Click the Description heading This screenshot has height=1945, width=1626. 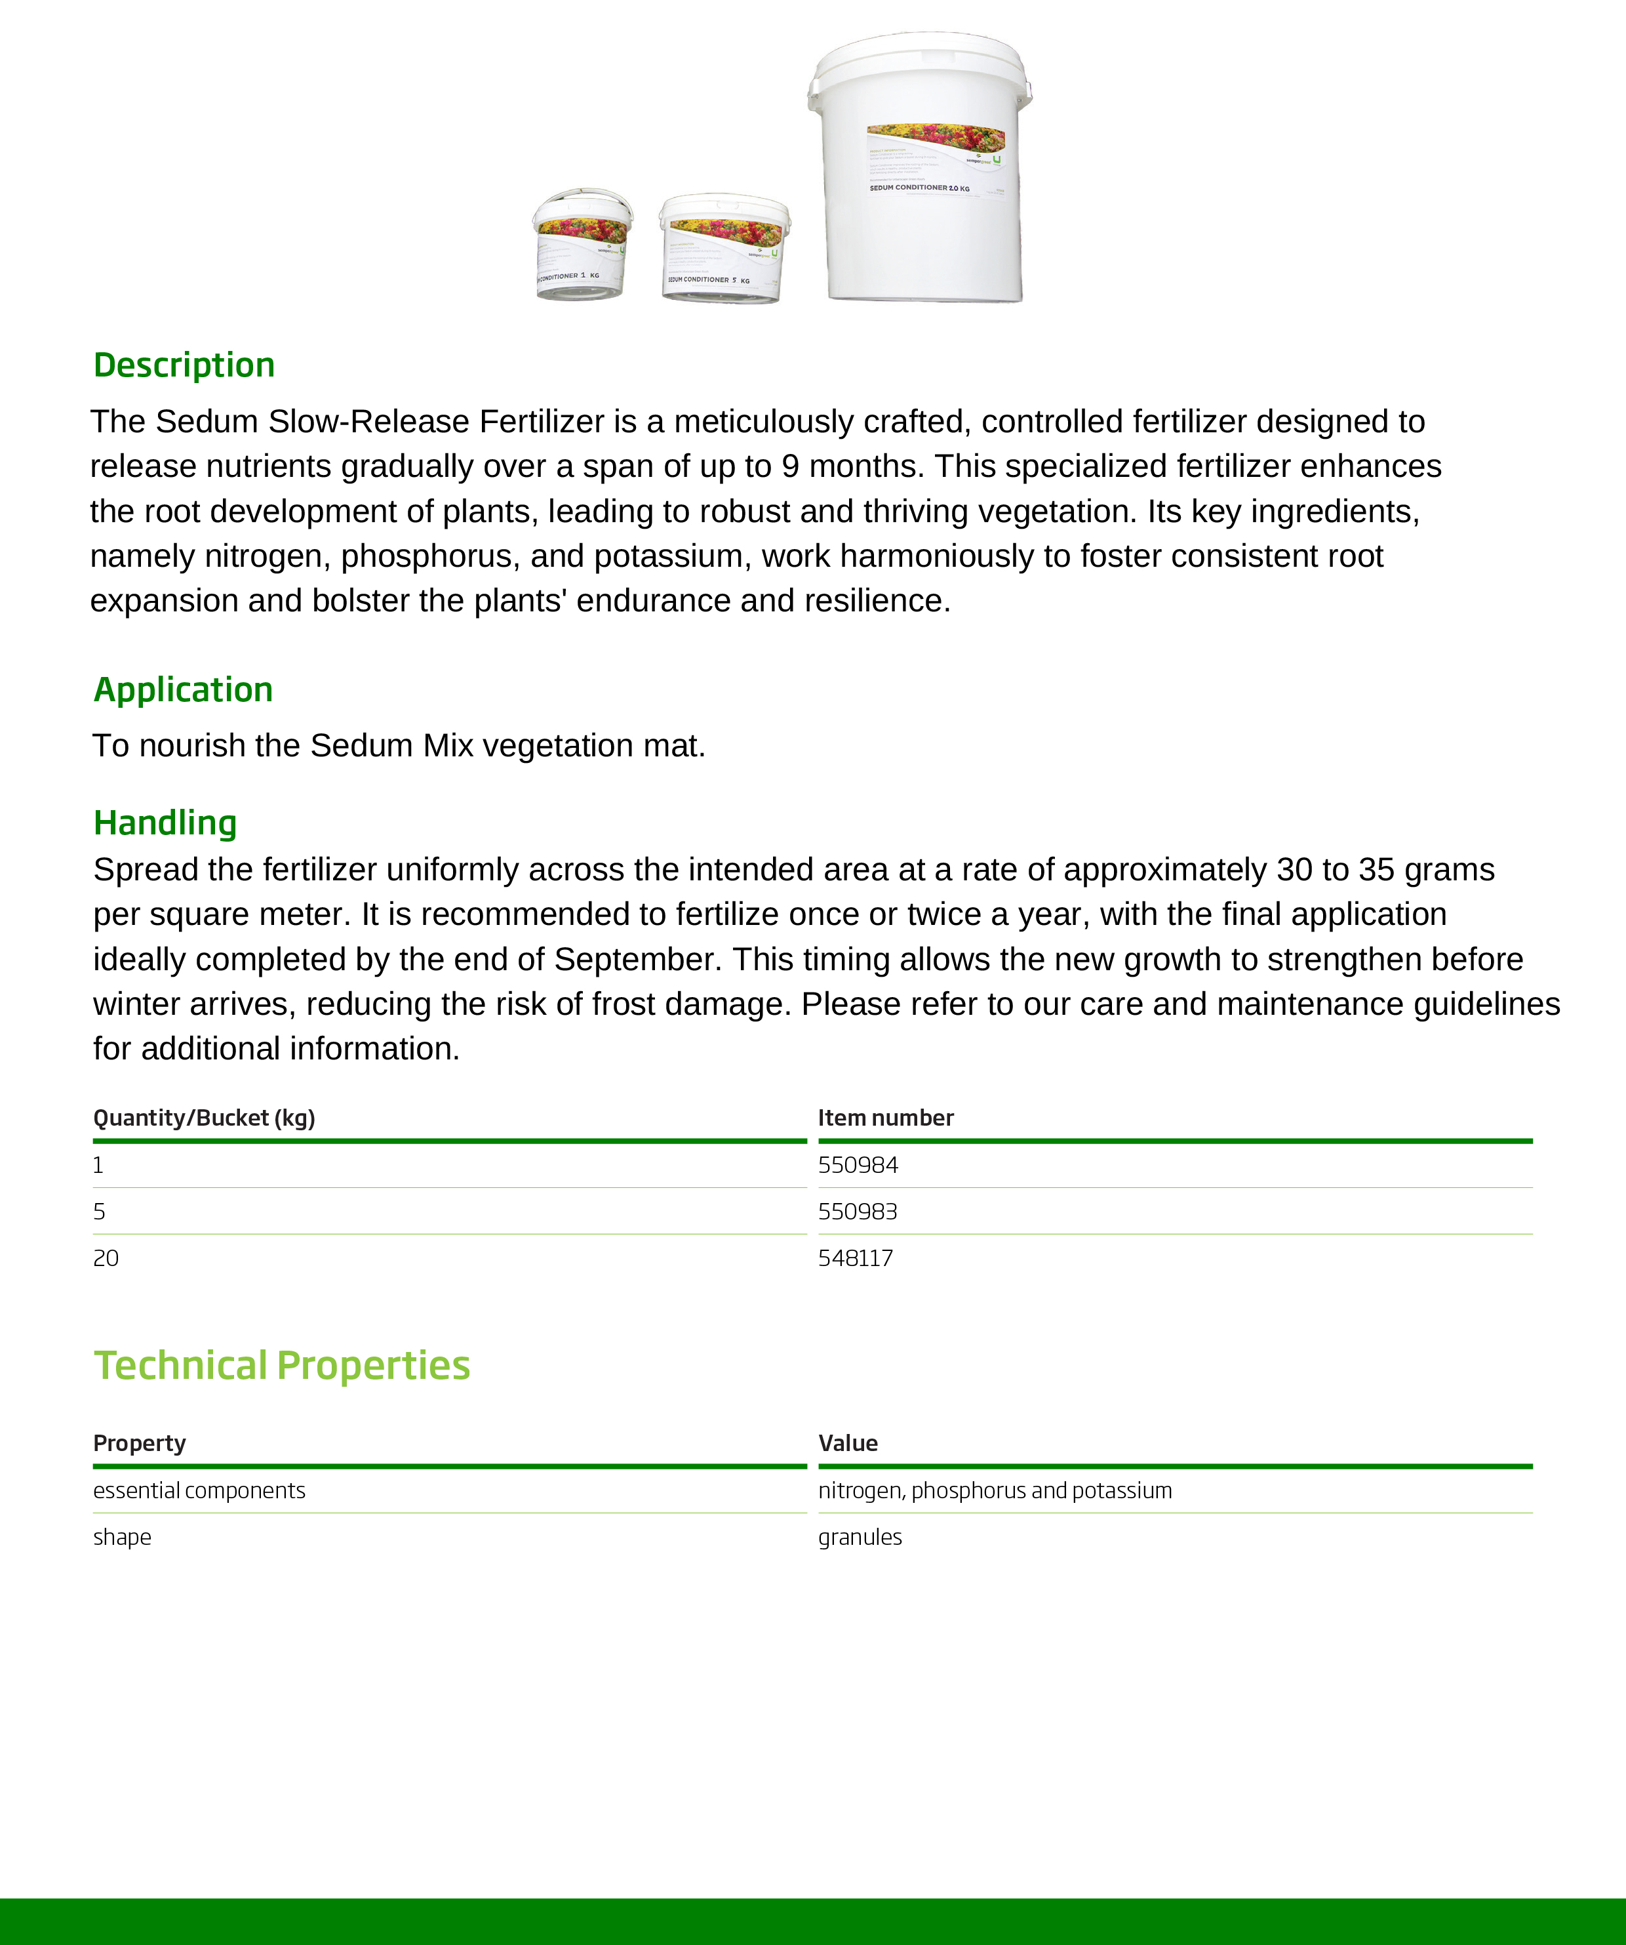(x=184, y=365)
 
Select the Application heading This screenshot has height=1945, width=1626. (x=184, y=690)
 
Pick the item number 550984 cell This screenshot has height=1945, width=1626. (x=858, y=1165)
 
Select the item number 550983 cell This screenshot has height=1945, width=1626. (x=858, y=1212)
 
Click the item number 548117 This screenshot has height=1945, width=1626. (x=856, y=1258)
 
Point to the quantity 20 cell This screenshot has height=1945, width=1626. (x=106, y=1258)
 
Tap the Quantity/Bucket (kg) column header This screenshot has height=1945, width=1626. (x=205, y=1118)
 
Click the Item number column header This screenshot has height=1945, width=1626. (x=885, y=1118)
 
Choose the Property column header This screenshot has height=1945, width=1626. (x=140, y=1443)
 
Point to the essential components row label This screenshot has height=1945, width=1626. (x=199, y=1490)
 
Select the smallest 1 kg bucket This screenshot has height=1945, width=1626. (x=581, y=245)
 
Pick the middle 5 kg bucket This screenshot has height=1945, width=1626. (x=723, y=248)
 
